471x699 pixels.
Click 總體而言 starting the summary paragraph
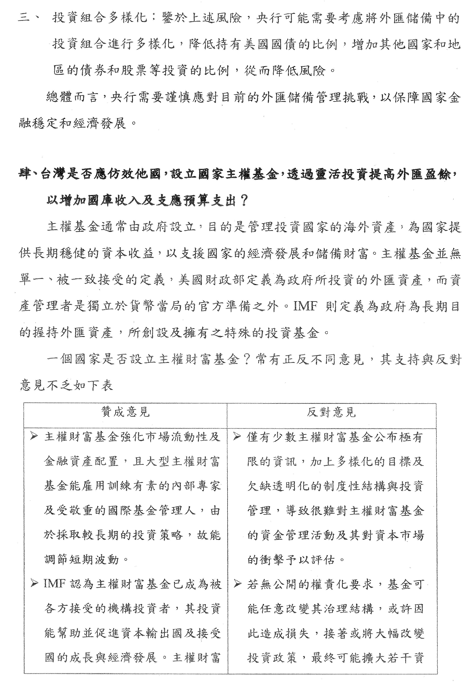tap(72, 98)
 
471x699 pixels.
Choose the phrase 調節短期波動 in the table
tap(82, 559)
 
